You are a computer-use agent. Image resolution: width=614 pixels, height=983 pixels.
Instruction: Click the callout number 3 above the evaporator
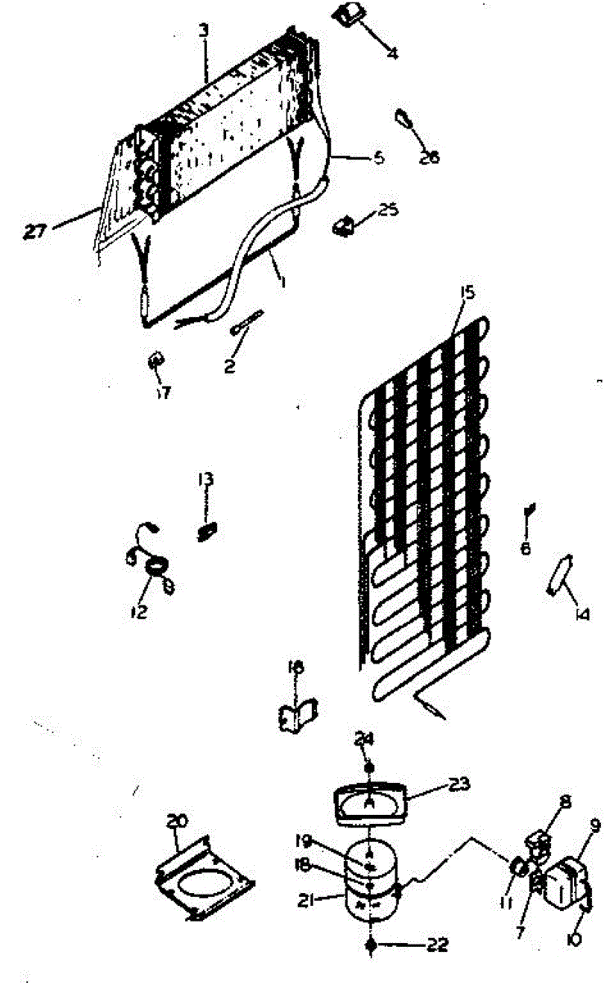click(x=204, y=31)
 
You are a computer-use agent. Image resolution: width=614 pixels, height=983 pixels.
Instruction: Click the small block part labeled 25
click(x=345, y=224)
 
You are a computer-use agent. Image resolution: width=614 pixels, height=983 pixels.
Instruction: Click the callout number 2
click(x=230, y=368)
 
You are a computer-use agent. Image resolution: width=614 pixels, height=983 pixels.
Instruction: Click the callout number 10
click(x=572, y=940)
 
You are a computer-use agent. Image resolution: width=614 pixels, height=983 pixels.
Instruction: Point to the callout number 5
click(x=377, y=158)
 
